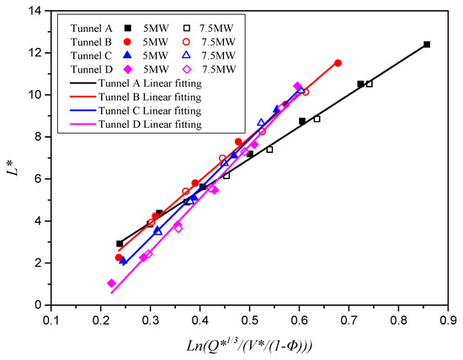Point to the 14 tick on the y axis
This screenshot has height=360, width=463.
pos(37,11)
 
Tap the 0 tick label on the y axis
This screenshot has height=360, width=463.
pos(40,305)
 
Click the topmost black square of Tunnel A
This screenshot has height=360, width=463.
pos(427,45)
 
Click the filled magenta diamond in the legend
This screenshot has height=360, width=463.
pos(125,68)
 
